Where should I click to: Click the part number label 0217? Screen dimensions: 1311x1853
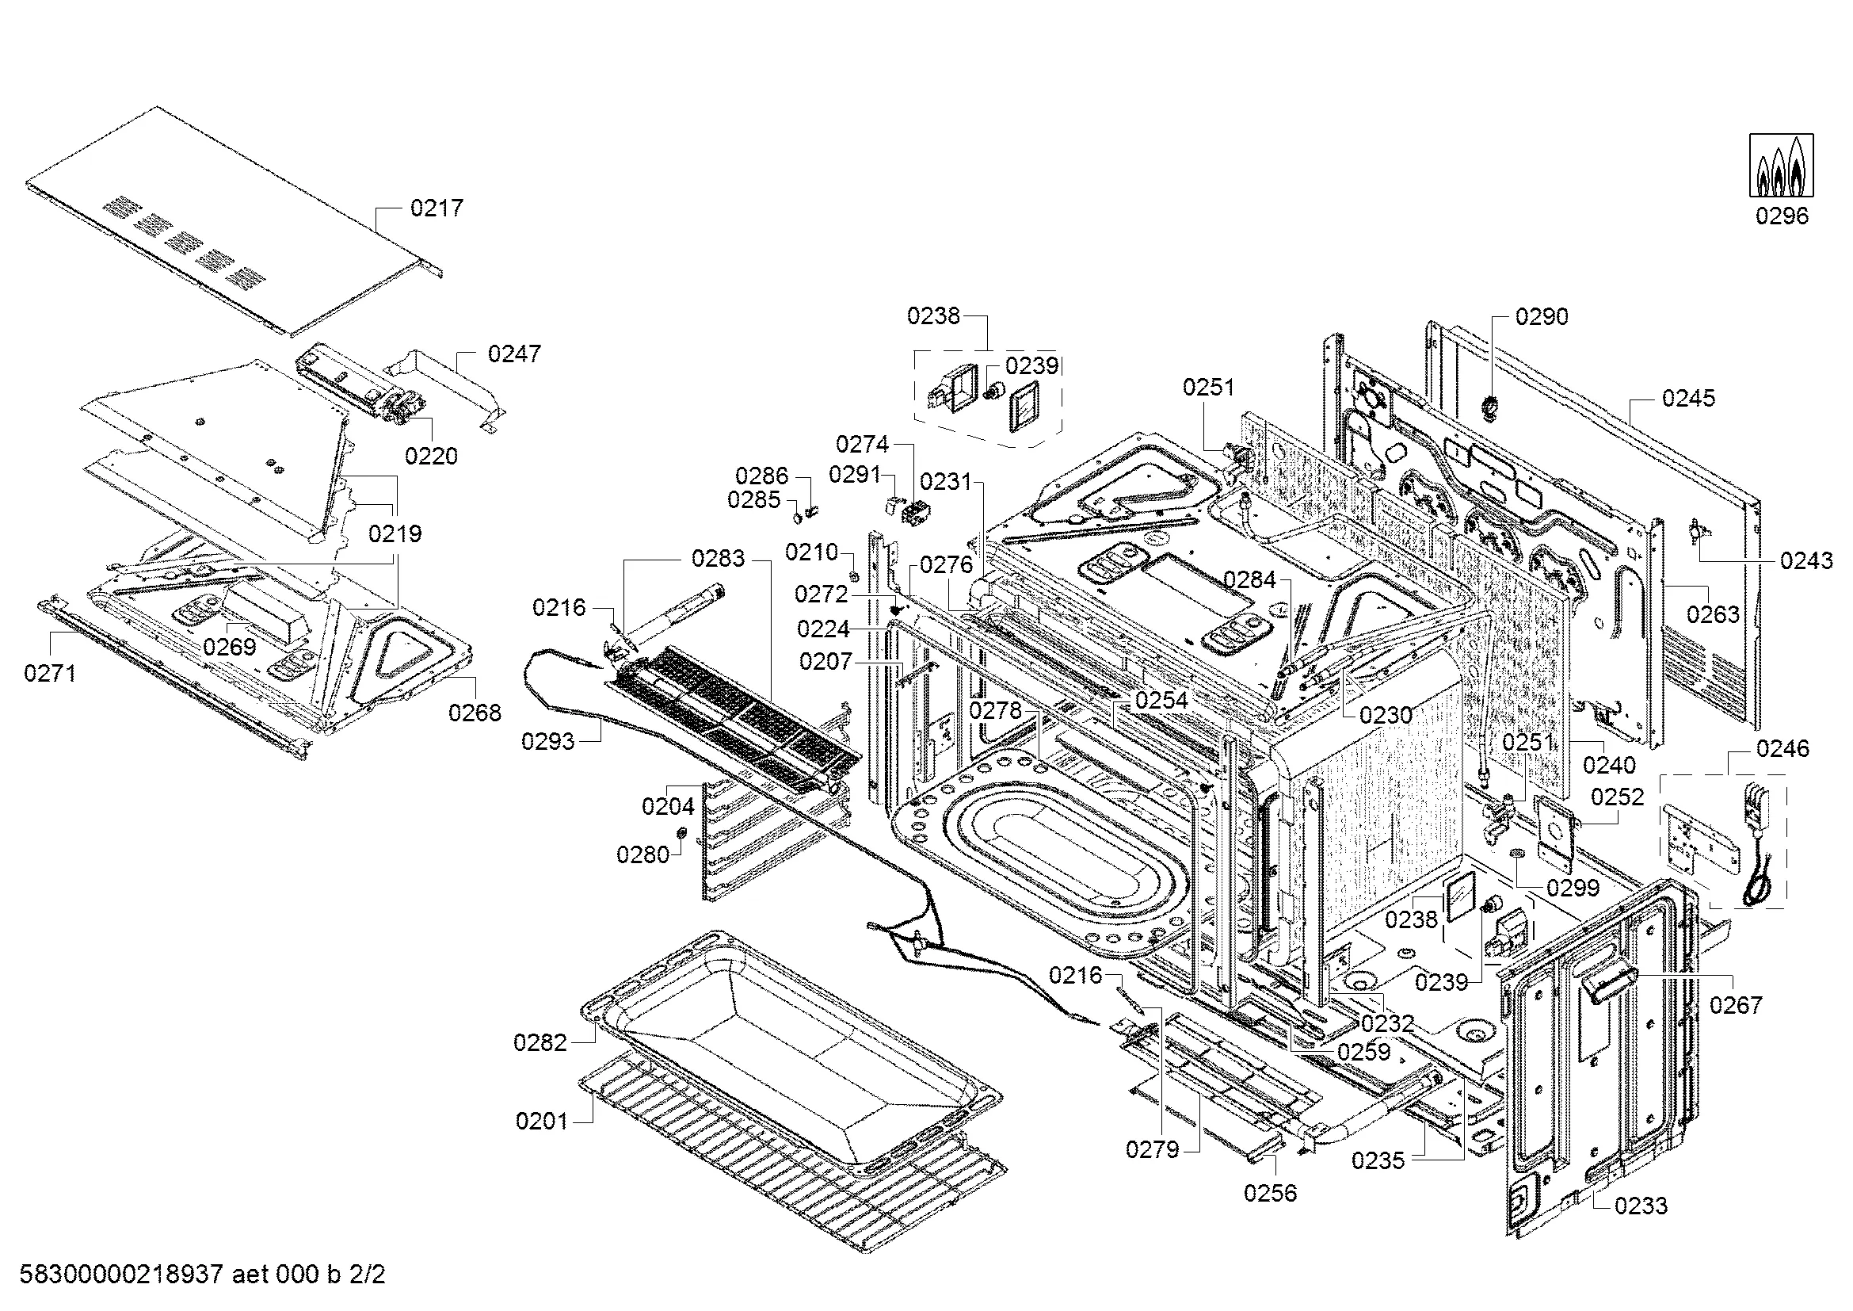point(437,208)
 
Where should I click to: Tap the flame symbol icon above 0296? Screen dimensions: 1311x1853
point(1781,166)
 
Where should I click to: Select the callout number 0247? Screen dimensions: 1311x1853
point(514,354)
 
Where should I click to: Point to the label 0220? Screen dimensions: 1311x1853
point(431,456)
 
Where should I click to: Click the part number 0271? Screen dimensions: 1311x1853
point(50,672)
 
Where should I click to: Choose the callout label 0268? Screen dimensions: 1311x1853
point(475,713)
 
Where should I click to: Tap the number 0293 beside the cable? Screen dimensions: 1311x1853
point(548,741)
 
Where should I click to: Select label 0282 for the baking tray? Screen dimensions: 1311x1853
point(540,1043)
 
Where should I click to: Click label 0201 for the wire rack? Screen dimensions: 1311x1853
point(542,1122)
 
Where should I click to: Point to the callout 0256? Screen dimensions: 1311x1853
point(1269,1193)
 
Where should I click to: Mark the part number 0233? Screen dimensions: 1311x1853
point(1641,1206)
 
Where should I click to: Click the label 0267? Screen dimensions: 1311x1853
point(1736,1005)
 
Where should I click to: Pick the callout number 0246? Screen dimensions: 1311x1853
point(1782,749)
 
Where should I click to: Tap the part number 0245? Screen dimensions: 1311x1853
point(1688,398)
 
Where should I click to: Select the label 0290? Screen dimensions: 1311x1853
point(1542,316)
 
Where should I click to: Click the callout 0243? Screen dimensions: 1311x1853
point(1806,560)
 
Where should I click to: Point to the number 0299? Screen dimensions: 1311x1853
point(1573,888)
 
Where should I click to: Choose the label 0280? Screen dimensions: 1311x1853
point(643,855)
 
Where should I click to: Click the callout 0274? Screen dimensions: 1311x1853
point(862,444)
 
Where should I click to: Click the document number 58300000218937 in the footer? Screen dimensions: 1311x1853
point(121,1275)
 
